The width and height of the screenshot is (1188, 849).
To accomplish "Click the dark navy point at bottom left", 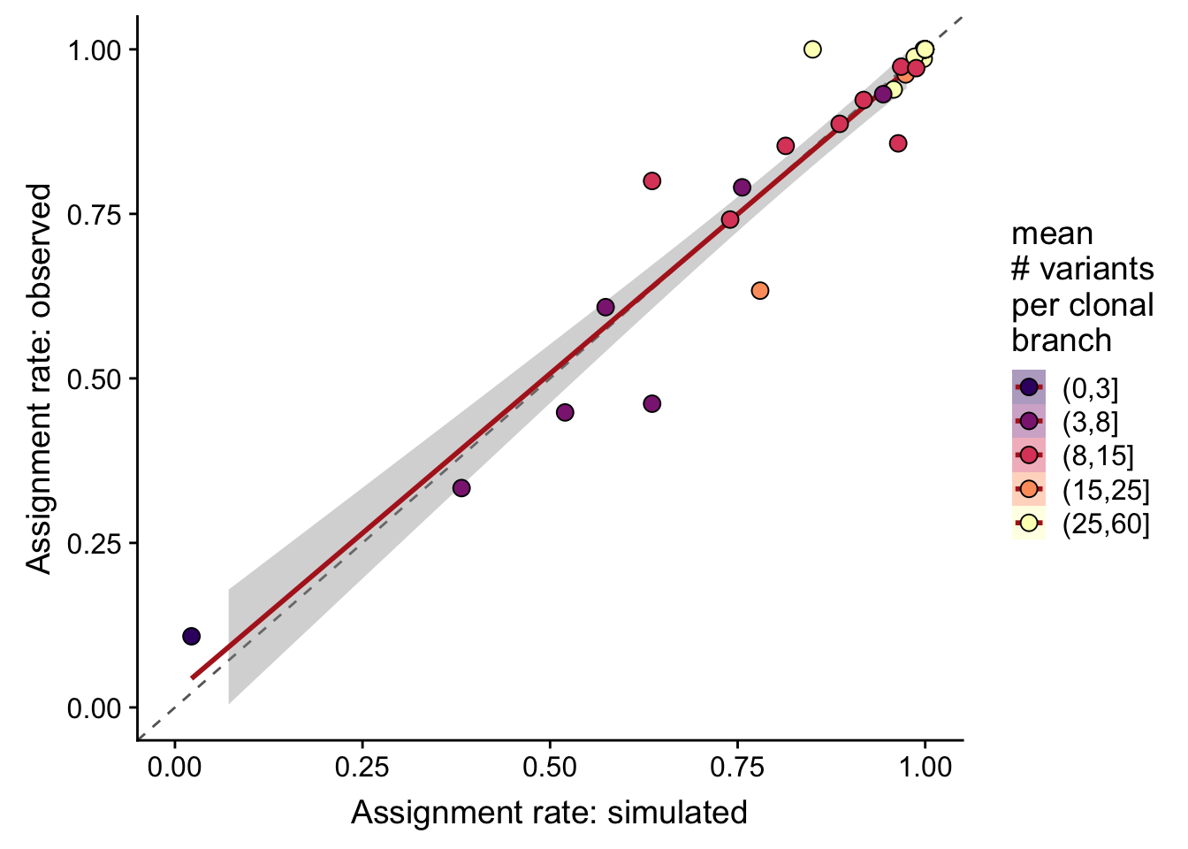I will pos(191,636).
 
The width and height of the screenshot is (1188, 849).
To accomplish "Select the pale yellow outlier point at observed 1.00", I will pos(812,50).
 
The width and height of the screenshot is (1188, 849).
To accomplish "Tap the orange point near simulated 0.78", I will pos(759,290).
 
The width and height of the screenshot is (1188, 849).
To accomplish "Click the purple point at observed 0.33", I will pos(461,488).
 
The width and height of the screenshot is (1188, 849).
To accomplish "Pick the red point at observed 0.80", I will pos(652,180).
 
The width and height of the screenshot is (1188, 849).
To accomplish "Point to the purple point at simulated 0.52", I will pos(565,412).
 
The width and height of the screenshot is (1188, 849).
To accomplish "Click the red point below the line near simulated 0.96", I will pos(898,143).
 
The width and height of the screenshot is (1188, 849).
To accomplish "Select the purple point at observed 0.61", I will pos(605,307).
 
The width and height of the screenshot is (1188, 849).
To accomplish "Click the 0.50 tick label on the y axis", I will pos(95,379).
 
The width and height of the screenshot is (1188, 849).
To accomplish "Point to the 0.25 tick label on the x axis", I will pos(362,767).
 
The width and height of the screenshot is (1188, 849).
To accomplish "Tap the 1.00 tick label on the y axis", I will pos(95,50).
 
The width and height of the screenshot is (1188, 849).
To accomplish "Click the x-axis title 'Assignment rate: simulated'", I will pos(549,812).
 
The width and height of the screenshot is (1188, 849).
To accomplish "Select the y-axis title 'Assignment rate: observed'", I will pos(39,379).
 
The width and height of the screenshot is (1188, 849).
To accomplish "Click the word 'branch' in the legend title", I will pos(1062,340).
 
